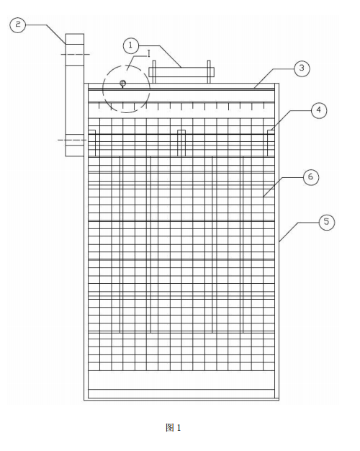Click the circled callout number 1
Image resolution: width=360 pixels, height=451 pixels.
(x=131, y=45)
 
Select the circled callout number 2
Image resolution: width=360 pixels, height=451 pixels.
(x=18, y=24)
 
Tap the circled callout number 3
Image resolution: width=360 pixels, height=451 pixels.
(x=302, y=68)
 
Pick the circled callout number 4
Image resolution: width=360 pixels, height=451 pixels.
(x=319, y=110)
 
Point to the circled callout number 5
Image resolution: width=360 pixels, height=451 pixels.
(x=327, y=222)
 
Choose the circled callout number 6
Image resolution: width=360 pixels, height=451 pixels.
(x=311, y=177)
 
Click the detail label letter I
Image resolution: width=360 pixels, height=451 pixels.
(x=148, y=53)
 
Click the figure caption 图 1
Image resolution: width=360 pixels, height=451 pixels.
(x=174, y=428)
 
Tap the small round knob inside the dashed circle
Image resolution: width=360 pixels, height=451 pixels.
(x=123, y=84)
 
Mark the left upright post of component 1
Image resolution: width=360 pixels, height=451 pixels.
(x=154, y=71)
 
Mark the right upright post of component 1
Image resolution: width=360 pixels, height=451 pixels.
(x=209, y=71)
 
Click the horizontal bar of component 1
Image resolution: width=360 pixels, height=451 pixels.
(x=181, y=72)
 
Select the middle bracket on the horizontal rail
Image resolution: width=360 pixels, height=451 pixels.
(x=181, y=143)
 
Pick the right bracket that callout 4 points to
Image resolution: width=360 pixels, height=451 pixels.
(x=271, y=143)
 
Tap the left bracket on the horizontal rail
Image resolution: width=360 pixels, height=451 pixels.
(x=91, y=143)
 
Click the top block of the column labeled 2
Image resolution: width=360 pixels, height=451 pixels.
(x=75, y=38)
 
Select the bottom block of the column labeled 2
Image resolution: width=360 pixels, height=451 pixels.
(x=75, y=145)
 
